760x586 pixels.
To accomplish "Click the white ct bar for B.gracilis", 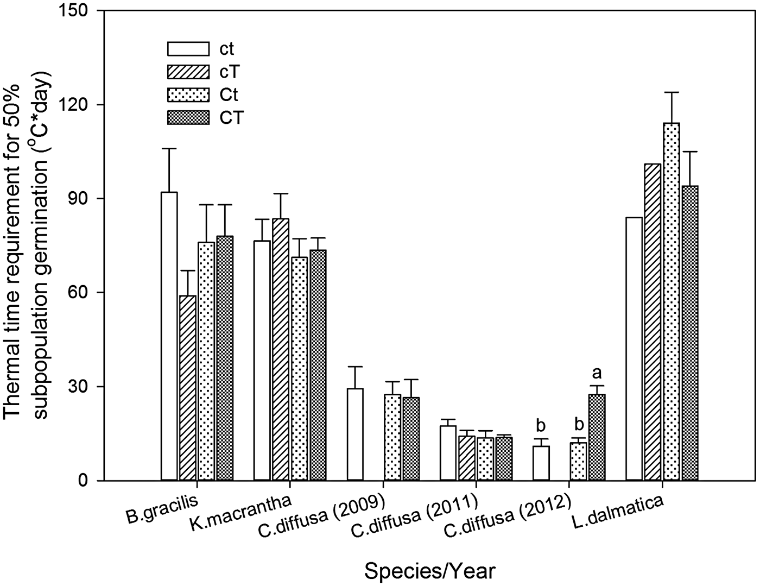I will coord(169,337).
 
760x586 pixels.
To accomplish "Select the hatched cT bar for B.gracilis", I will coord(188,388).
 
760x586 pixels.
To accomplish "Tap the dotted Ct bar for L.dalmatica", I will coord(672,302).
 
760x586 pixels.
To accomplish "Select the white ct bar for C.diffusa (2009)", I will coord(355,434).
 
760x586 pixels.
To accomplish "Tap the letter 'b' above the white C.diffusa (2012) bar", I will coord(541,425).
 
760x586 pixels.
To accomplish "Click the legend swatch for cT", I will coord(188,71).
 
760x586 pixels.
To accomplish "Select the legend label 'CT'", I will coord(231,118).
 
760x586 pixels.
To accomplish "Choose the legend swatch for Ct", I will coord(188,94).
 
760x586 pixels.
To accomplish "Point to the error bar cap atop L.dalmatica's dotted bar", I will coord(672,92).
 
